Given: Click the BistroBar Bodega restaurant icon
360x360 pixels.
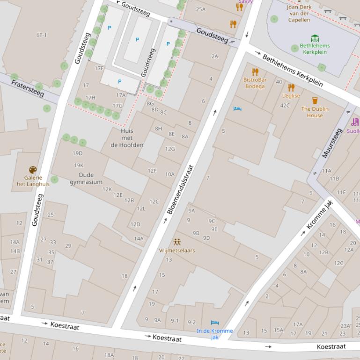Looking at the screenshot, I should click(x=255, y=72).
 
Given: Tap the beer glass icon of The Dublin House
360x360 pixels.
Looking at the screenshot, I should click(x=315, y=101).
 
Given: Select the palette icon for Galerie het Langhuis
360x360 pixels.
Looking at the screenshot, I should click(x=33, y=170).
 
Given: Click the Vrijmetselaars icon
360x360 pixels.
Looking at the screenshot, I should click(x=177, y=242).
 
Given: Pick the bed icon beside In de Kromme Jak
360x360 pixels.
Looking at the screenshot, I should click(x=215, y=323).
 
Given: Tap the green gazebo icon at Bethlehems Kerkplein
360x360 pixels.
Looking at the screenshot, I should click(x=315, y=38).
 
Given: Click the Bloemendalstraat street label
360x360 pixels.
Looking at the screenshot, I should click(x=180, y=189).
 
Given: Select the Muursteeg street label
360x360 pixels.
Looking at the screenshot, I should click(x=332, y=143).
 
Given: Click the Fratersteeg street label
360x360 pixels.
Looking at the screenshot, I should click(x=28, y=88).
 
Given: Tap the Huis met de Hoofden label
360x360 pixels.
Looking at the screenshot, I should click(x=127, y=138).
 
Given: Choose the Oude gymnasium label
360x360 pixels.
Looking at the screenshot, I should click(x=86, y=179).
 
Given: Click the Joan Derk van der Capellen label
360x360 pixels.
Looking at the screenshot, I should click(x=299, y=14).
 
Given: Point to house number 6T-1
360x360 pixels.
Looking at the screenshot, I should click(x=42, y=35).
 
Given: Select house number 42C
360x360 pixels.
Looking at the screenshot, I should click(x=285, y=105).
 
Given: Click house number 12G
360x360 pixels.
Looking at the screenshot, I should click(x=170, y=149).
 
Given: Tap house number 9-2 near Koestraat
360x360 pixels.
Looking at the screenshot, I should click(x=191, y=322).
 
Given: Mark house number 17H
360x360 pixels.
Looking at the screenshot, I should click(x=90, y=98).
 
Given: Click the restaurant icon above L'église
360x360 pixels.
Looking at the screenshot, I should click(x=291, y=87).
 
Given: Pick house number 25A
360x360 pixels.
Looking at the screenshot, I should click(x=201, y=9).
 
